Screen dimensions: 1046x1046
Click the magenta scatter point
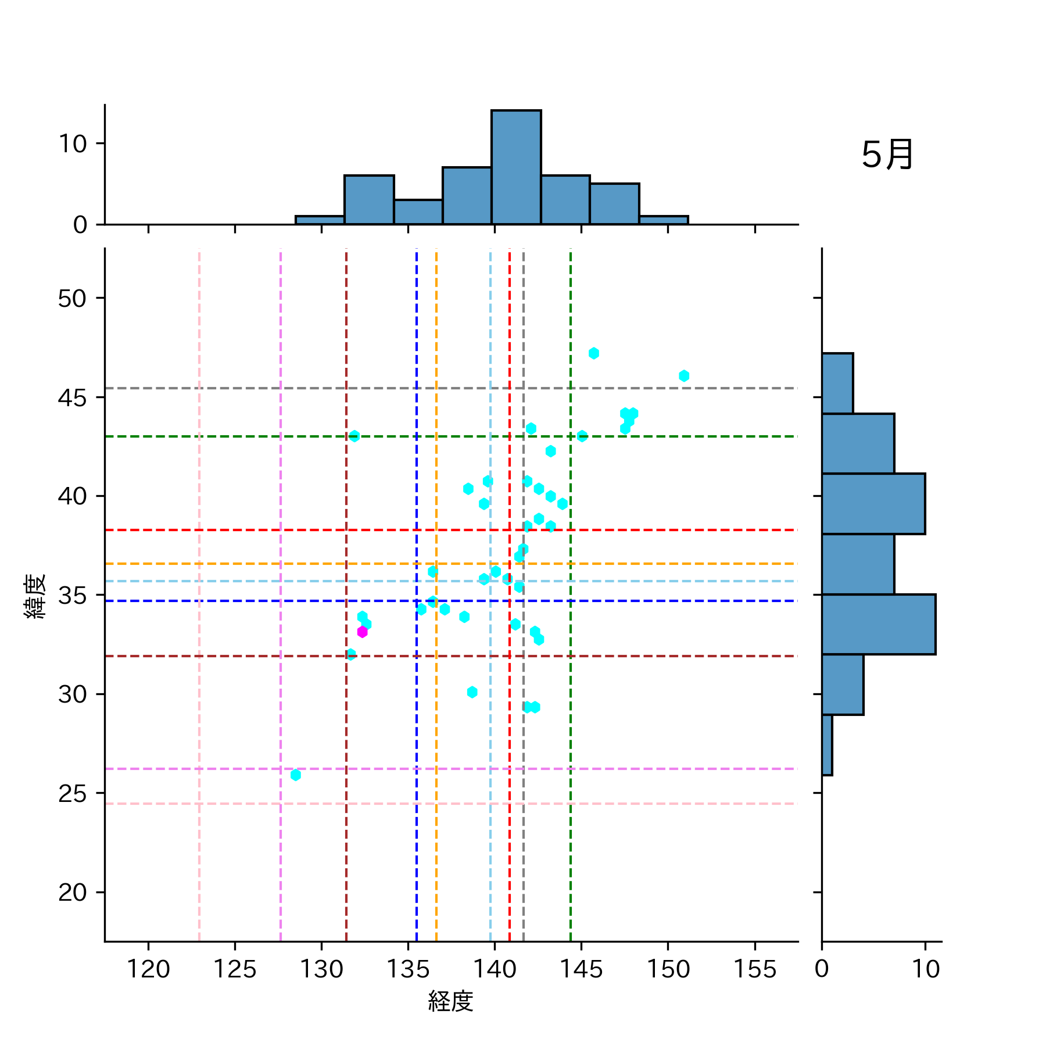362,632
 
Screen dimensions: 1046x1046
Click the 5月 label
887,155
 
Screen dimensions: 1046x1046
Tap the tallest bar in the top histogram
516,167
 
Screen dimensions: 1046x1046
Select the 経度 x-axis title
450,1001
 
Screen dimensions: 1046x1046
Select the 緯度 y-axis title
35,596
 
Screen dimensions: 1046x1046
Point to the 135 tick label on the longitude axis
408,969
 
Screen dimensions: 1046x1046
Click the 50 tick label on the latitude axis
73,299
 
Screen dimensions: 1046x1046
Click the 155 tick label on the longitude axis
754,969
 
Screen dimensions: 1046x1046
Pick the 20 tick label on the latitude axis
73,893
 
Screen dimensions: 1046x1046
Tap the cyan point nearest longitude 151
684,376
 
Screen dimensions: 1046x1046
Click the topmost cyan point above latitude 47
593,353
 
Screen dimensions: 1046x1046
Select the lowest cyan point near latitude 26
296,775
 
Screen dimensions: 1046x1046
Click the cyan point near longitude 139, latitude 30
472,692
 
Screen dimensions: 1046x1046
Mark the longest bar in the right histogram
878,624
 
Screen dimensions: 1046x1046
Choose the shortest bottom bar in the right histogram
827,744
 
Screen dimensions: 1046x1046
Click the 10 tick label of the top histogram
73,144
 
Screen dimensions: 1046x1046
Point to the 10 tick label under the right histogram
925,969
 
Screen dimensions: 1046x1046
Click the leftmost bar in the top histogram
320,220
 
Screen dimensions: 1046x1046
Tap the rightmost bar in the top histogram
664,220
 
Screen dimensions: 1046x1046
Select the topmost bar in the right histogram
837,384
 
